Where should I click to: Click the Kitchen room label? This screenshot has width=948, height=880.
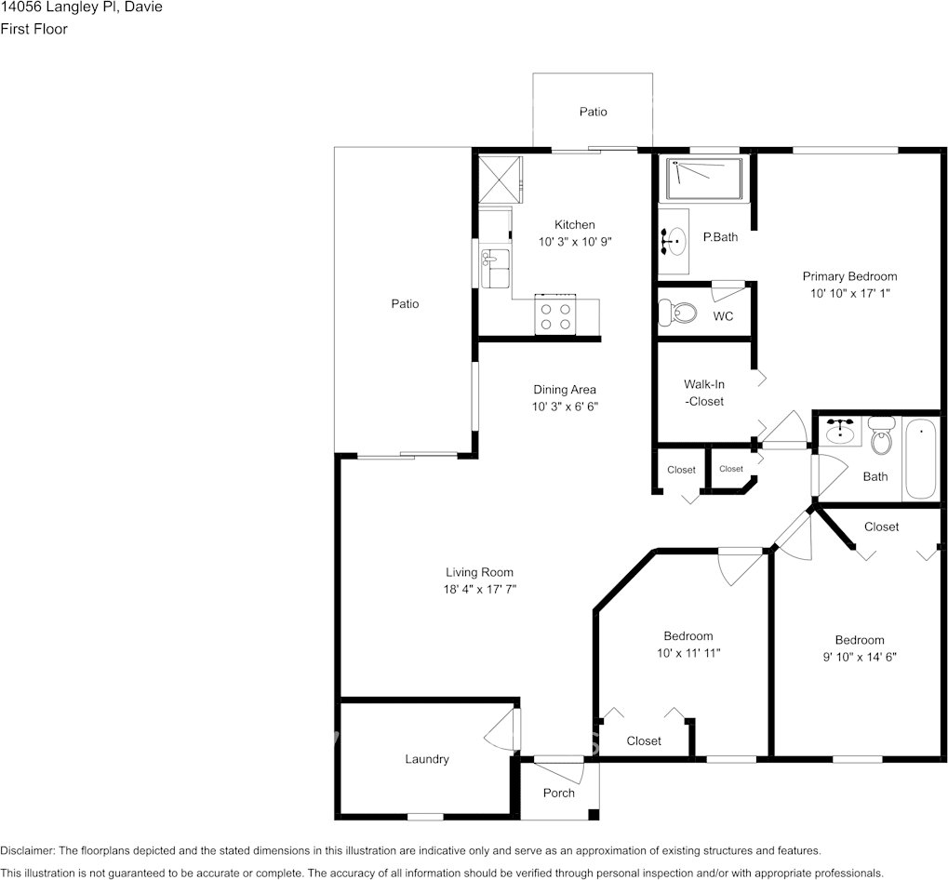tap(574, 225)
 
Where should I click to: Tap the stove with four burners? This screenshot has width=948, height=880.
tap(555, 316)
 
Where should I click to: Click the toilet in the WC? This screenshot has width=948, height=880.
tap(677, 313)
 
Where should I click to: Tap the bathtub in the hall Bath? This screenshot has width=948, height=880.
tap(921, 460)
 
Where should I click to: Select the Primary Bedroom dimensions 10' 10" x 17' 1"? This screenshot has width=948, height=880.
tap(849, 293)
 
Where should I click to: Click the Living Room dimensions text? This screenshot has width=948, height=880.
tap(479, 590)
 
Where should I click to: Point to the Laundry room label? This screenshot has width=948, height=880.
tap(427, 759)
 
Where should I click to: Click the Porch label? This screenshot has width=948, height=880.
tap(558, 793)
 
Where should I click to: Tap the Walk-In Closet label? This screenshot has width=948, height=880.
tap(704, 393)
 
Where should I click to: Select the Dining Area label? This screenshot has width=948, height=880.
tap(564, 390)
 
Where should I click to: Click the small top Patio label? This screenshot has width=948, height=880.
tap(593, 112)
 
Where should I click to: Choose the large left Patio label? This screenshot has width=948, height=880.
tap(405, 304)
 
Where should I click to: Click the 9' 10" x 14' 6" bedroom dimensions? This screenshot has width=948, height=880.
tap(859, 657)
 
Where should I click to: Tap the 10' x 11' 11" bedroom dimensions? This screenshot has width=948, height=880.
tap(688, 653)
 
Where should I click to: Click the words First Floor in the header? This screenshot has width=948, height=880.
tap(33, 29)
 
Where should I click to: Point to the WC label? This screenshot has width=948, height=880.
tap(723, 316)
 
